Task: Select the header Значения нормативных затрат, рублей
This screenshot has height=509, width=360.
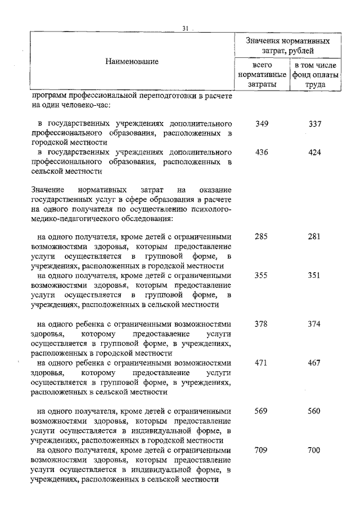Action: [288, 46]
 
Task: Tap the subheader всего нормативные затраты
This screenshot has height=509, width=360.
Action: [262, 75]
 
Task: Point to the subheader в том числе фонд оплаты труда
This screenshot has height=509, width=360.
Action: [315, 75]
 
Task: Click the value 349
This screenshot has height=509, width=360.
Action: [262, 123]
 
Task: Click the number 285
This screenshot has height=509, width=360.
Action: [262, 237]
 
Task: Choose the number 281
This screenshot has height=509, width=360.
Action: [314, 237]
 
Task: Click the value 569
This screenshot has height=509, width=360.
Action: [262, 411]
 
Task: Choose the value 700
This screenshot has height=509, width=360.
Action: [314, 450]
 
